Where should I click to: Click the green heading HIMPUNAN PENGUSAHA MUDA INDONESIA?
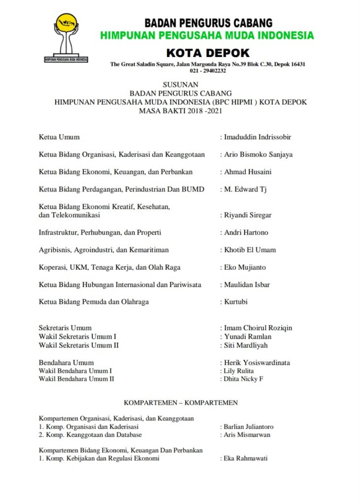[x=207, y=35]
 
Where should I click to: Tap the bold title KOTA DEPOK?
[x=208, y=53]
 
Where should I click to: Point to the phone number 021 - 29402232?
[x=208, y=70]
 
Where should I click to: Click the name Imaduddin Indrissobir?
[x=261, y=137]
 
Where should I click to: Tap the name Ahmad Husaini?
[x=248, y=172]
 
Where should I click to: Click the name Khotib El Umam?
[x=250, y=250]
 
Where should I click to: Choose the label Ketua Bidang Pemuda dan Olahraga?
[x=94, y=302]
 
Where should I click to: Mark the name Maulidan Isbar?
[x=247, y=284]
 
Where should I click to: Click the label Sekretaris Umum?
[x=65, y=328]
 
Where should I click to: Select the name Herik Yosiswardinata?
[x=257, y=363]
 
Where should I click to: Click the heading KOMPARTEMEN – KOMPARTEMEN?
[x=181, y=403]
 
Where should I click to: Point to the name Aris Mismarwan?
[x=247, y=435]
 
